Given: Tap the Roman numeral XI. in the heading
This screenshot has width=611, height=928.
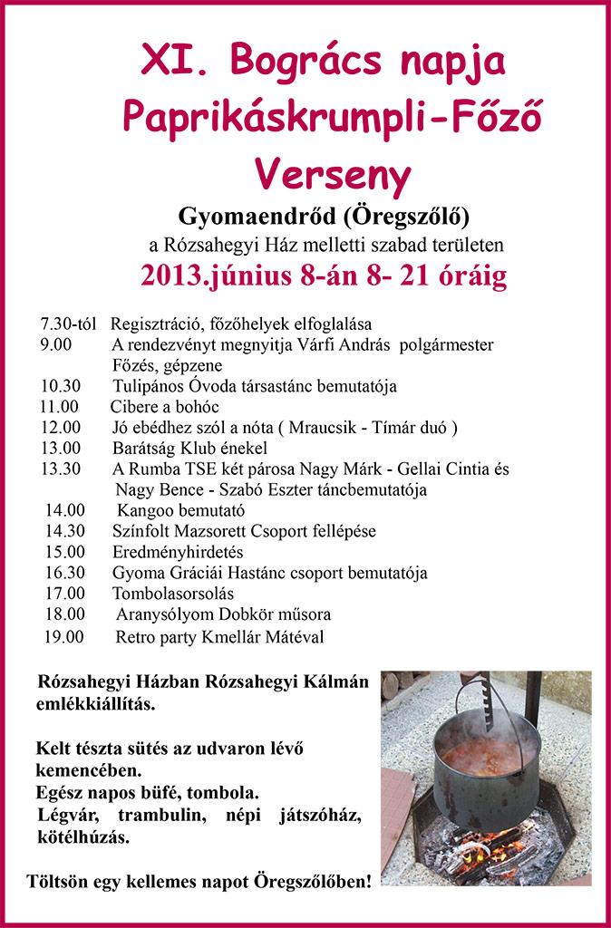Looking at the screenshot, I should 173,62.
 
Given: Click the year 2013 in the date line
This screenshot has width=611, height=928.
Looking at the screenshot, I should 171,276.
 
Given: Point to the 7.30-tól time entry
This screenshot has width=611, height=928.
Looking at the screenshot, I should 69,324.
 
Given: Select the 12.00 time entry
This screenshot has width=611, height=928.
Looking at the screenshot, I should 61,427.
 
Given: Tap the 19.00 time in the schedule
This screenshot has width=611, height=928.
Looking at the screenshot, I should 63,636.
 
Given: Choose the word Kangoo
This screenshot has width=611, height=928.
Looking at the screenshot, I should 143,510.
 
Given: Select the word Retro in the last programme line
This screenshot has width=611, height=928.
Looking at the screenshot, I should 136,636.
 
